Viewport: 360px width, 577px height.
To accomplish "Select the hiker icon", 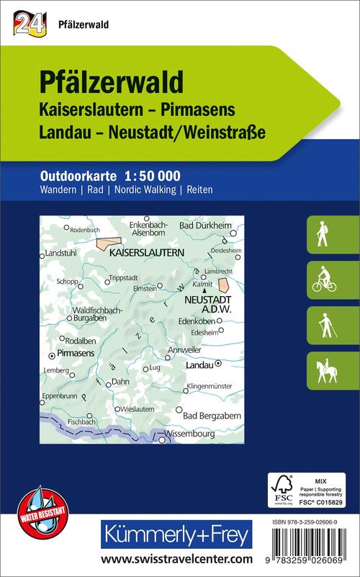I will pyautogui.click(x=321, y=234).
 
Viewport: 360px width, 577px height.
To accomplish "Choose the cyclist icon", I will pyautogui.click(x=321, y=279).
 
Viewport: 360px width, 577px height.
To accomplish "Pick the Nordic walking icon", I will pyautogui.click(x=321, y=325).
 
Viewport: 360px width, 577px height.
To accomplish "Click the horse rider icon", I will pyautogui.click(x=321, y=370).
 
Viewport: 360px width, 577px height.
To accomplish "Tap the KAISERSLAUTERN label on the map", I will pyautogui.click(x=146, y=254).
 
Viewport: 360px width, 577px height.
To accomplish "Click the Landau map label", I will pyautogui.click(x=199, y=366).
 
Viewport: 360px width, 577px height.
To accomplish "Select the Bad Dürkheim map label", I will pyautogui.click(x=202, y=226).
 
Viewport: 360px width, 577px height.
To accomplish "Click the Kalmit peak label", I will pyautogui.click(x=202, y=285).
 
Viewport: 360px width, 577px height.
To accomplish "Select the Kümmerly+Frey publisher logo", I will pyautogui.click(x=177, y=534).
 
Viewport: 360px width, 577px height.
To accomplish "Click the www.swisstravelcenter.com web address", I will pyautogui.click(x=176, y=558).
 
